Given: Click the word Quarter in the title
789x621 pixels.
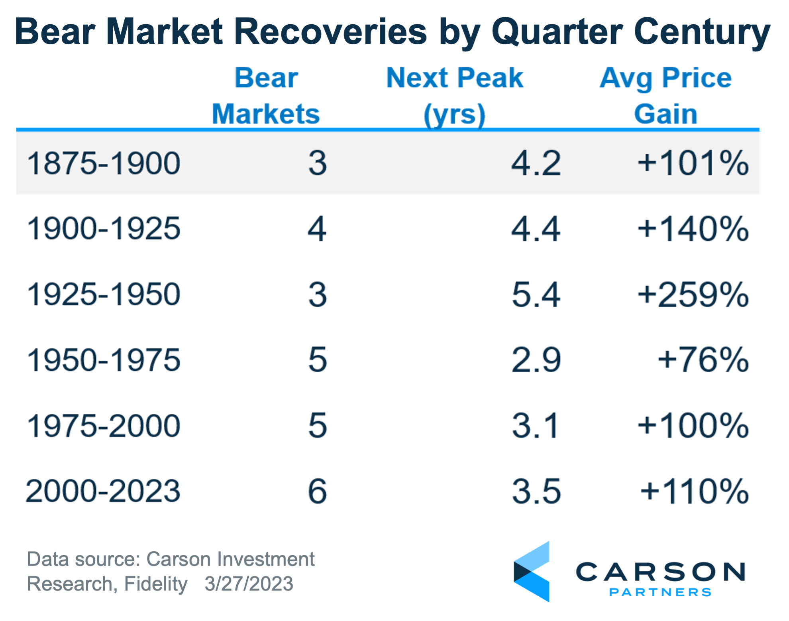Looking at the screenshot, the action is (x=557, y=31).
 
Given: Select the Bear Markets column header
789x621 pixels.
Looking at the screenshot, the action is (x=266, y=96).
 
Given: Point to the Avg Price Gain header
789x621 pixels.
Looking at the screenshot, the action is (x=665, y=96).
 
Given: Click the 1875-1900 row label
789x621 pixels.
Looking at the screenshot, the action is (x=104, y=163).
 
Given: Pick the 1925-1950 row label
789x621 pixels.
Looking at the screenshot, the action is (x=104, y=294).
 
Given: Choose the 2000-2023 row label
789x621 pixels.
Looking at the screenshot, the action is (x=103, y=491).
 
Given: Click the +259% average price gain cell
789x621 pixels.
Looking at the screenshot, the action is (x=693, y=294).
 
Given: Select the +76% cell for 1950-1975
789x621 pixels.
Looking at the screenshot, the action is (x=703, y=360).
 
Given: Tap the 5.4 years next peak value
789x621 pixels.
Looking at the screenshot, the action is (x=536, y=294).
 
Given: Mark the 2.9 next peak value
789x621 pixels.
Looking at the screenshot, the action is (x=536, y=360).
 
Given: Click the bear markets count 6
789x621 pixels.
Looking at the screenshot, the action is (x=318, y=491).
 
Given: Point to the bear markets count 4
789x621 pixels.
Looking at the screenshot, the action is (x=317, y=229).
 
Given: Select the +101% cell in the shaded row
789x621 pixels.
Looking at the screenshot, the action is (x=693, y=163).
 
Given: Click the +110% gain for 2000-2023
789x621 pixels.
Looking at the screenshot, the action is (x=695, y=491).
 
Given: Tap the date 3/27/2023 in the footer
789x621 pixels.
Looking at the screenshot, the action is (x=249, y=584).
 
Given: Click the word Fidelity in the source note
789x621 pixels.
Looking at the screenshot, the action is (x=156, y=584).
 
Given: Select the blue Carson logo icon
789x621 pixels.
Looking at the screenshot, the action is (x=532, y=571).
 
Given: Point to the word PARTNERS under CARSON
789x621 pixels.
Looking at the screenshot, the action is (x=660, y=592).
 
